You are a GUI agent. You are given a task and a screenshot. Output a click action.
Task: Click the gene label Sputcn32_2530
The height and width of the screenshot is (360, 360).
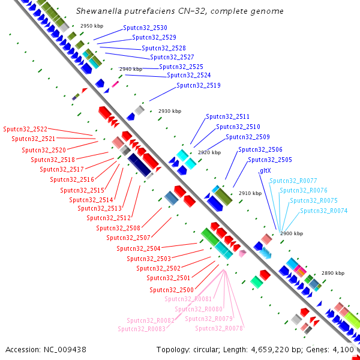pos(145,28)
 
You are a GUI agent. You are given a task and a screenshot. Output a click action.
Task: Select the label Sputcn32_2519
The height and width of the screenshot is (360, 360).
pos(199,86)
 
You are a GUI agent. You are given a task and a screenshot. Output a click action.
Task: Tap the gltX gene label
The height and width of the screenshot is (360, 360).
pos(265,170)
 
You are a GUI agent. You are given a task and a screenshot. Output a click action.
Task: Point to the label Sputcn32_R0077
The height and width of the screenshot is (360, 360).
pos(293,181)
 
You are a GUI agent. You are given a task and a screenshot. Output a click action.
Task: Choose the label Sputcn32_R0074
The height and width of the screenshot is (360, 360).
pos(324,211)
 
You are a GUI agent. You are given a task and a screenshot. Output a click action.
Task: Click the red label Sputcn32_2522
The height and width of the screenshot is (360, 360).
pos(25,129)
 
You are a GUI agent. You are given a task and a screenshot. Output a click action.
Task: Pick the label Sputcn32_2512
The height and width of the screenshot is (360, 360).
pos(109,218)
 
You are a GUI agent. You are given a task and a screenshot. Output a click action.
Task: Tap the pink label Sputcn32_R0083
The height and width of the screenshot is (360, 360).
pos(142,329)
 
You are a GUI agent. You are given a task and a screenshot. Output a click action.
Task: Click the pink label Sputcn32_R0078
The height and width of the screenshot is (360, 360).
pos(219,328)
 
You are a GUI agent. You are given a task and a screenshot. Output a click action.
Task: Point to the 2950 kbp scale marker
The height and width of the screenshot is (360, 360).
pos(92,26)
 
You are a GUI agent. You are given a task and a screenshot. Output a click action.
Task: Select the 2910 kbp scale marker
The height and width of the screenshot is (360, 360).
pos(250,194)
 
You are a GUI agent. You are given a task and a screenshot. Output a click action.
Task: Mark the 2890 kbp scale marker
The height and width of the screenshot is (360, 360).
pos(333,273)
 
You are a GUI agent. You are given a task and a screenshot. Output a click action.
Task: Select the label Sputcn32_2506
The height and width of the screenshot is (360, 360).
pos(260,150)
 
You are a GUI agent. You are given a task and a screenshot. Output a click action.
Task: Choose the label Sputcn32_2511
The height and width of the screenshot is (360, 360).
pos(228,117)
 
